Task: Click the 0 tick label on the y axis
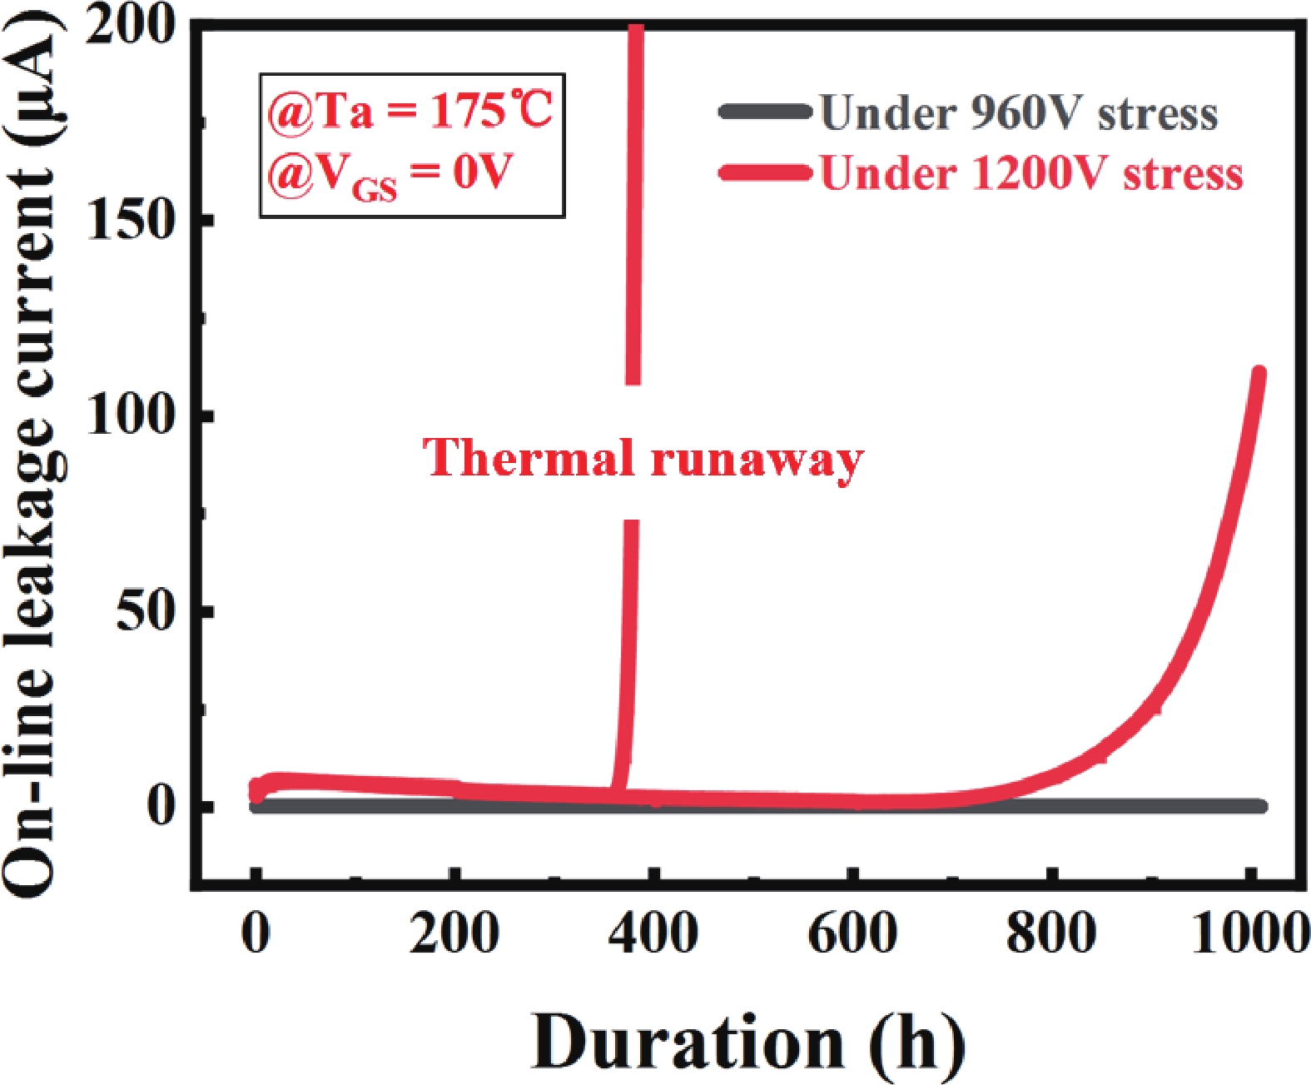coord(163,805)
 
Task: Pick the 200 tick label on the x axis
coord(454,933)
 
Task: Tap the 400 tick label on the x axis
coord(653,933)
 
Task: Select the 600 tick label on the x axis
coord(852,933)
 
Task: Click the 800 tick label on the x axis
coord(1051,933)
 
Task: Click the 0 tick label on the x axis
coord(256,933)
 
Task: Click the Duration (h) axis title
coord(747,1043)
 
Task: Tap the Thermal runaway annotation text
coord(643,459)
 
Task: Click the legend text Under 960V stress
coord(1019,113)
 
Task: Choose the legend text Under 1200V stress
coord(1031,174)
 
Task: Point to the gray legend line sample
coord(765,112)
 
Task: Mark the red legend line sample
coord(765,173)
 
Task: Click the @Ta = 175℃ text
coord(410,111)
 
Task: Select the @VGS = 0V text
coord(390,176)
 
